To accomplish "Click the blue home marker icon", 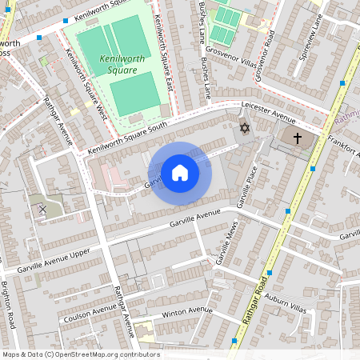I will (180, 172).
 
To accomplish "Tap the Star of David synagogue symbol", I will (245, 128).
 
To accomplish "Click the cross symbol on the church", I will (298, 138).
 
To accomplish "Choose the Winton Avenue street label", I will (186, 312).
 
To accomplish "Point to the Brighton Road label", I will (10, 303).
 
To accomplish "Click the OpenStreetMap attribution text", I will (81, 354).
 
